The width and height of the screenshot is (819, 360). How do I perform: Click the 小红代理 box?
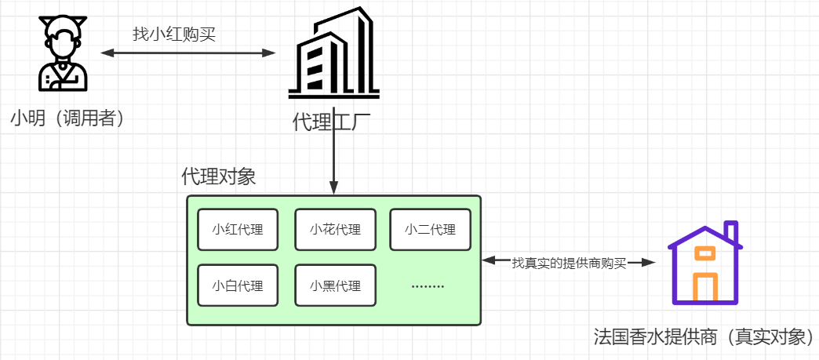(x=237, y=229)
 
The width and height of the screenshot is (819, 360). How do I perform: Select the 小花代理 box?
(x=335, y=229)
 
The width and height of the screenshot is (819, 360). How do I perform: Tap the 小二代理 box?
(x=430, y=229)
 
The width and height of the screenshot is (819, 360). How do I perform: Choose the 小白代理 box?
(x=237, y=285)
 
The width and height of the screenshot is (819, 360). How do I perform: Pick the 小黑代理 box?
(x=335, y=285)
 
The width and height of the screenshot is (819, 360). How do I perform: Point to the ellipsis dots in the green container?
(x=428, y=286)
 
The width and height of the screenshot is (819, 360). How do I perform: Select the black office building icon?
(x=333, y=54)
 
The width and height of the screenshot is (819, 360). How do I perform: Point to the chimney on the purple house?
(x=731, y=233)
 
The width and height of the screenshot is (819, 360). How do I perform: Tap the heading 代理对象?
(x=219, y=176)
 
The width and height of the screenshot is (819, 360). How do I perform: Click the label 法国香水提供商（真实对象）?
(x=704, y=338)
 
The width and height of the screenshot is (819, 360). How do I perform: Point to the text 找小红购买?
(x=173, y=34)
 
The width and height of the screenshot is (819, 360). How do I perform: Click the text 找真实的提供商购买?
(x=569, y=263)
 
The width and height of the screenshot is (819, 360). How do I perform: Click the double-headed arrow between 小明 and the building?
(x=188, y=53)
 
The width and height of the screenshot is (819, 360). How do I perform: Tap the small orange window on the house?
(x=705, y=253)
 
